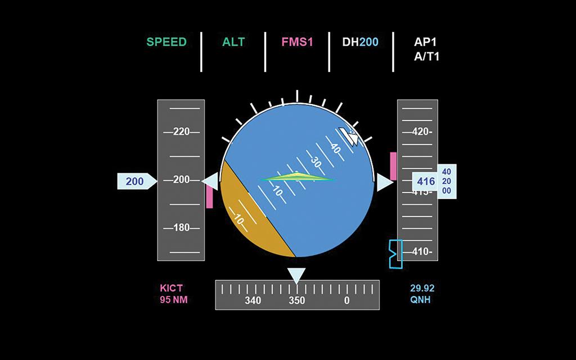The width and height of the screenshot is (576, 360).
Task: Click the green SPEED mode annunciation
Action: click(166, 42)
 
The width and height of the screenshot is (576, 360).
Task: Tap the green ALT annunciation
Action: click(233, 42)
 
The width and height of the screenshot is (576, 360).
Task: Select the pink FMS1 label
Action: click(297, 42)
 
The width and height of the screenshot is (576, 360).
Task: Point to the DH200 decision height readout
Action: click(361, 42)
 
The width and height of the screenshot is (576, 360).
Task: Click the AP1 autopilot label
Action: click(426, 42)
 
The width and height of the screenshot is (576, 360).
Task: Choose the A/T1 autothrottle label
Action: click(426, 56)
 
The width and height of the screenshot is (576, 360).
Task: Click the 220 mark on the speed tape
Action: click(181, 132)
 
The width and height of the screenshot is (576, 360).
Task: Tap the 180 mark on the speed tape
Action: click(181, 228)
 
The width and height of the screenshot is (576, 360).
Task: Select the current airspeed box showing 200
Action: click(135, 181)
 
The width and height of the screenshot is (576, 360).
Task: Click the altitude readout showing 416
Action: click(426, 182)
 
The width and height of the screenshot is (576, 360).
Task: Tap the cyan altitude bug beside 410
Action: click(395, 254)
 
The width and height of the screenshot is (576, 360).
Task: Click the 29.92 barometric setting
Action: click(422, 289)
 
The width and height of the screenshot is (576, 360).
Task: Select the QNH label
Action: click(422, 300)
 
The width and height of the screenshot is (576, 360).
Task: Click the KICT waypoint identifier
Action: click(172, 289)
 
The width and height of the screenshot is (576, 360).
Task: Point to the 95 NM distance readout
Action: click(174, 300)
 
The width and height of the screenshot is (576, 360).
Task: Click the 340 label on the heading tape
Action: click(253, 301)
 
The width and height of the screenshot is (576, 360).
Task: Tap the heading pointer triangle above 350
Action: click(296, 275)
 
